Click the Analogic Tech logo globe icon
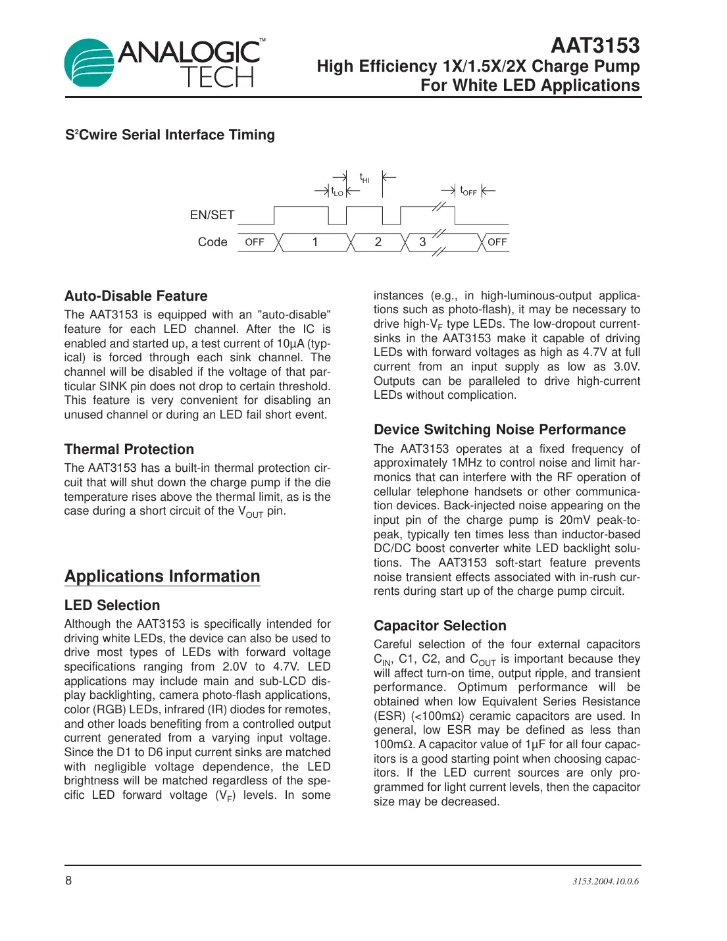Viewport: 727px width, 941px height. (x=89, y=63)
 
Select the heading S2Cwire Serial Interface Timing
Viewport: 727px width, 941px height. (x=170, y=135)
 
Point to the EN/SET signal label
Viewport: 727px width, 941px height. (x=212, y=215)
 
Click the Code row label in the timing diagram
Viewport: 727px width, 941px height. (x=213, y=242)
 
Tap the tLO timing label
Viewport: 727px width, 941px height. (x=337, y=192)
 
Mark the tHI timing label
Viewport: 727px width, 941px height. (x=364, y=178)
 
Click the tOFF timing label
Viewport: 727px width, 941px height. (x=468, y=191)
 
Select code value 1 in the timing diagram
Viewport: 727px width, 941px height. (x=315, y=242)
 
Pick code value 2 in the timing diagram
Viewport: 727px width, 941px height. (x=378, y=242)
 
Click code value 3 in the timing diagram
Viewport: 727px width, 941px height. (x=422, y=242)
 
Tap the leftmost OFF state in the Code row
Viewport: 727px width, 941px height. (x=255, y=242)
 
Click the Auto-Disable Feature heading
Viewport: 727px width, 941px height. (x=136, y=296)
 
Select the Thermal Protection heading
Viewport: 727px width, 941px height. (x=129, y=449)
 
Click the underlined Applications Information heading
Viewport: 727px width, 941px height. (x=163, y=576)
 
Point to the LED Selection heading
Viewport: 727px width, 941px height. (x=112, y=605)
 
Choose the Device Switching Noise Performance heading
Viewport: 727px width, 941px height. (x=499, y=430)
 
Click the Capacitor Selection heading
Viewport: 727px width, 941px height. (x=439, y=626)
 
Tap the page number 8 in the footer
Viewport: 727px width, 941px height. (x=68, y=880)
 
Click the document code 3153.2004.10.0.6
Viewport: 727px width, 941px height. (x=605, y=881)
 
